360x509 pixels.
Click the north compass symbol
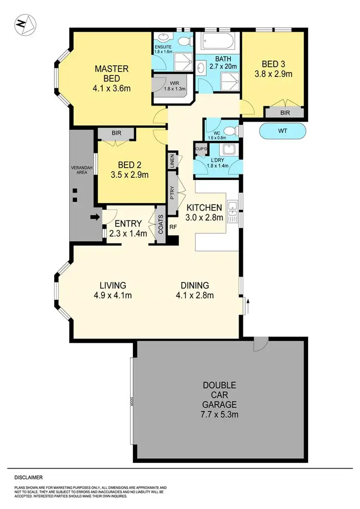coord(24,24)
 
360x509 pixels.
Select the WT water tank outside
coord(282,131)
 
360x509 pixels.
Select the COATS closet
coord(160,224)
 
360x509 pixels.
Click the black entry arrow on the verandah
coord(96,217)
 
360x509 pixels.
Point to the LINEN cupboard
coord(171,159)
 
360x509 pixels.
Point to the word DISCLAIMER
coord(29,478)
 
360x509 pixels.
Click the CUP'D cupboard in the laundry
coord(200,149)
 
